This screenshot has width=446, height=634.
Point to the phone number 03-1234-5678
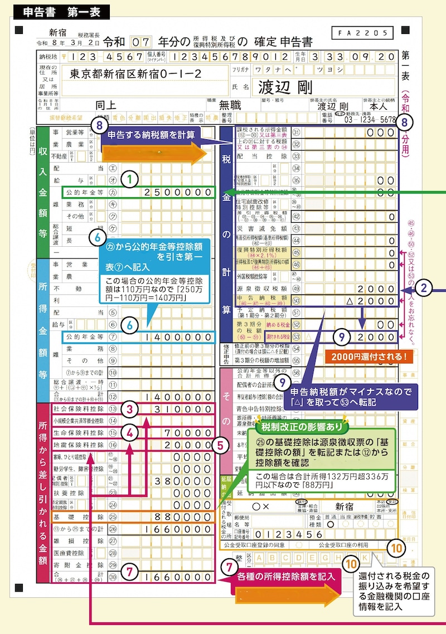[x=370, y=119]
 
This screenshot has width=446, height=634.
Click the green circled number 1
[x=129, y=179]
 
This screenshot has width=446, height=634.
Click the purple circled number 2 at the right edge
[x=425, y=288]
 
